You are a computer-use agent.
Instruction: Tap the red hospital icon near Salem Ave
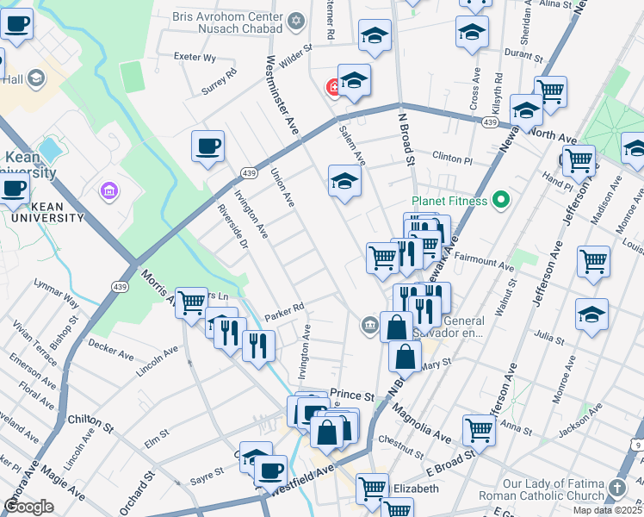coord(331,87)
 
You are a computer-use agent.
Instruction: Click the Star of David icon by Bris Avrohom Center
coord(297,20)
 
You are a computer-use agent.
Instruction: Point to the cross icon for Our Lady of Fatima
coord(616,489)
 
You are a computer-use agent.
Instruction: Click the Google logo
coord(28,507)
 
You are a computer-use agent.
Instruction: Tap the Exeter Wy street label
coord(195,58)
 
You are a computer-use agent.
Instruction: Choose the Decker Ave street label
coord(111,351)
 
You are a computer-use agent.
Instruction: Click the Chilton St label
coord(90,422)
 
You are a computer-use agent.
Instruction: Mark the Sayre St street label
coord(207,471)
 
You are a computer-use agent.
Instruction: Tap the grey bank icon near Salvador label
coord(368,324)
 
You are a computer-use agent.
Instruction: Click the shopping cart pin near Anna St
coord(479,428)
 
